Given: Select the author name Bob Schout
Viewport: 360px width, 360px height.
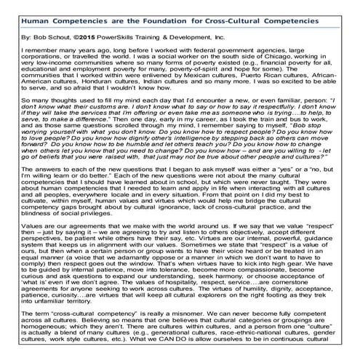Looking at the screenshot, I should coord(50,34).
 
